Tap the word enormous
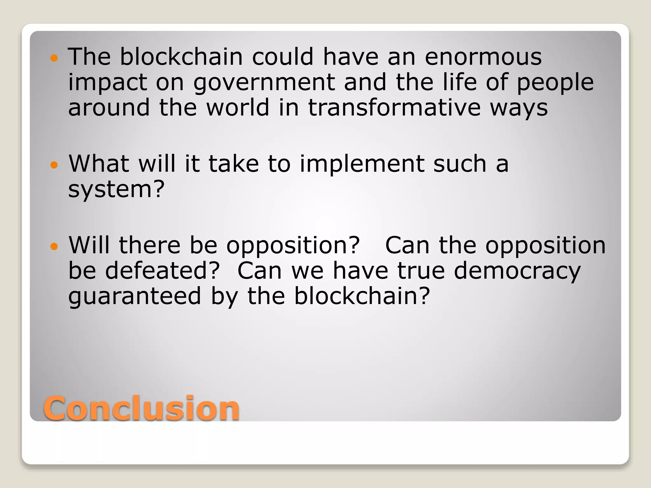tap(483, 57)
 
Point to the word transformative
tap(394, 107)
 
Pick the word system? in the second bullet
tap(116, 190)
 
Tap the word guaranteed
tap(135, 297)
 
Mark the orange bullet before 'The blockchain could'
tap(54, 58)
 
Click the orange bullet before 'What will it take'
tap(54, 165)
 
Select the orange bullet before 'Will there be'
tap(54, 246)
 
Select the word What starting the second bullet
tap(99, 164)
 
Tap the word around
tap(109, 107)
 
